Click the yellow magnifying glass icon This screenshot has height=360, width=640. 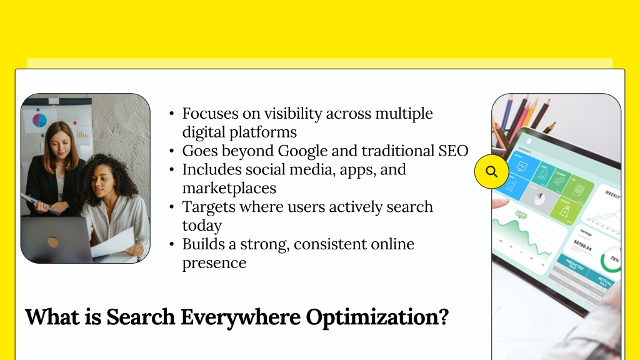click(491, 171)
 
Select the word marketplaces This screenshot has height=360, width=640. click(229, 188)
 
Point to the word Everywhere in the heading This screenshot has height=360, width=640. click(241, 317)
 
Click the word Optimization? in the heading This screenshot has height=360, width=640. click(377, 317)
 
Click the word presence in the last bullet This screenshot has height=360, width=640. click(214, 263)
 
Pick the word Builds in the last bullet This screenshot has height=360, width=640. click(203, 244)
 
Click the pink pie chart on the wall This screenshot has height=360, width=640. click(39, 120)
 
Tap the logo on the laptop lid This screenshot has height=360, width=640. click(52, 242)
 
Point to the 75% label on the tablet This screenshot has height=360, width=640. click(615, 259)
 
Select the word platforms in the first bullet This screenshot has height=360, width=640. click(239, 132)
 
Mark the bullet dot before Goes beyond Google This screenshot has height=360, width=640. click(171, 151)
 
